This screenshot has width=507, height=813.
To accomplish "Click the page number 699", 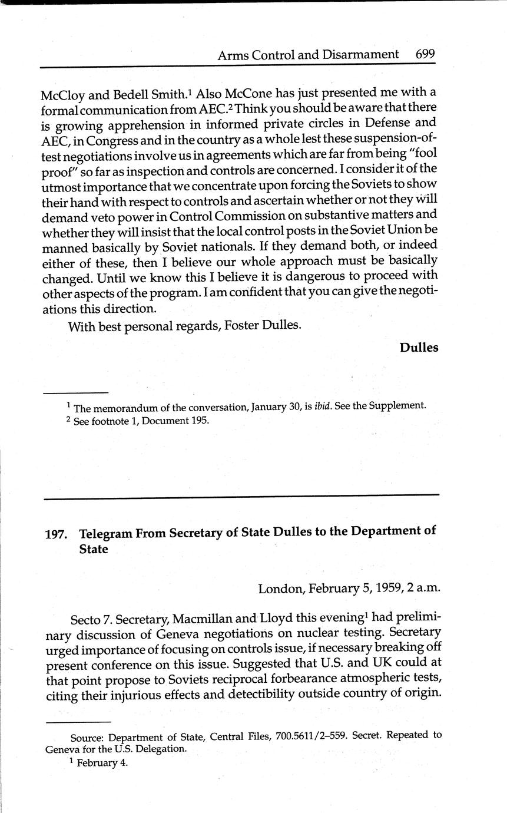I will point(425,54).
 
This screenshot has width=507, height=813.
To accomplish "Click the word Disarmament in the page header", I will point(360,55).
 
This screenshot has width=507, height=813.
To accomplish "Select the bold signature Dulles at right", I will point(419,348).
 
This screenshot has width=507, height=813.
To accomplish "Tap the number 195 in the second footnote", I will point(199,421).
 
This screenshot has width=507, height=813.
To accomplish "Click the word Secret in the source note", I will point(367,736).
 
